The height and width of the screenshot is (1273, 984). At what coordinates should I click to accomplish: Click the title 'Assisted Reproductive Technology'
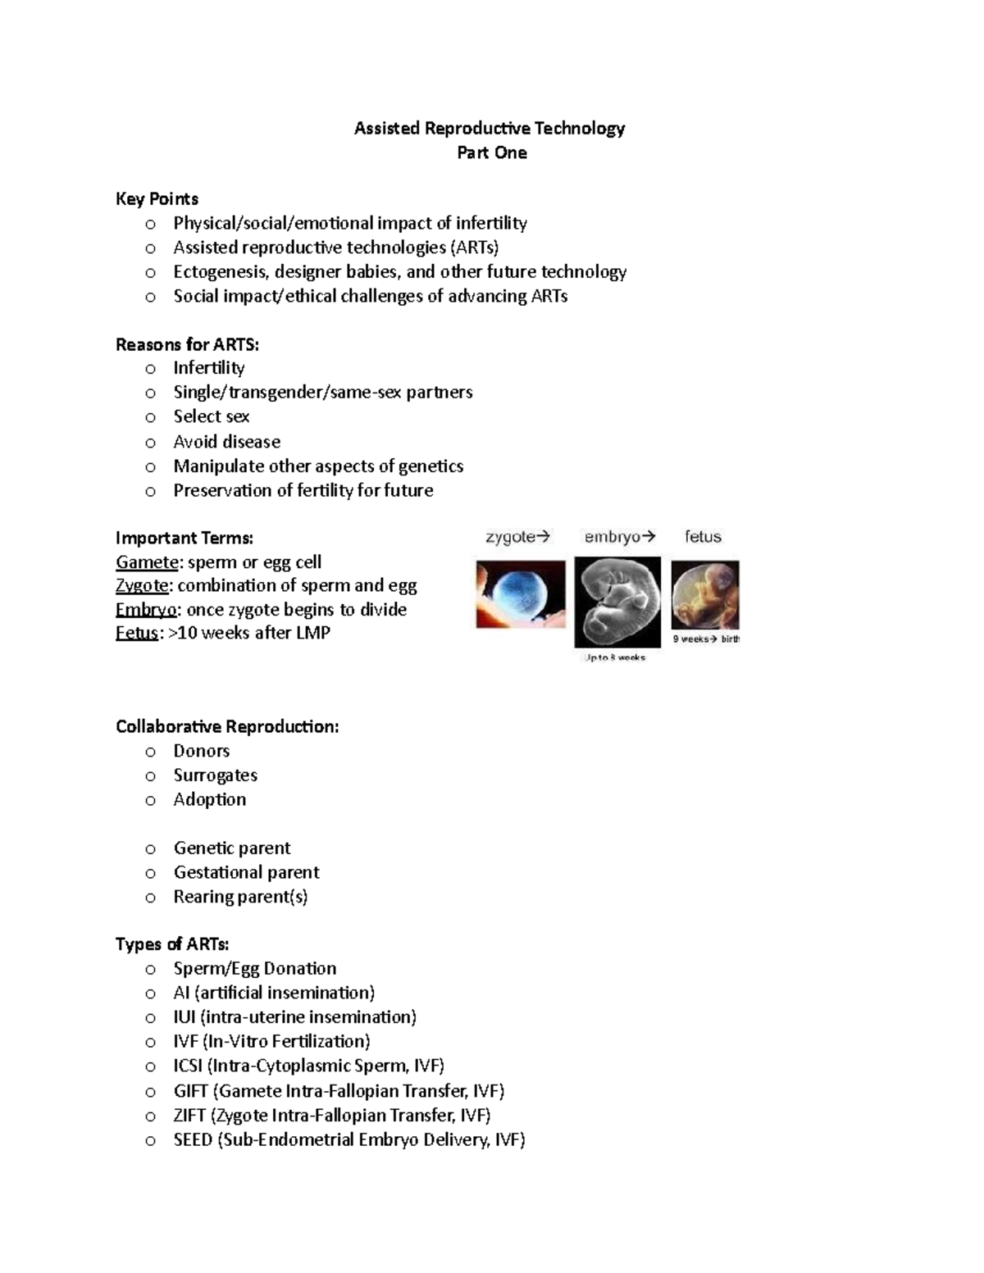pyautogui.click(x=490, y=128)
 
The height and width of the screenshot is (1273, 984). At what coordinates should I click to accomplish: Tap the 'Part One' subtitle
pyautogui.click(x=492, y=152)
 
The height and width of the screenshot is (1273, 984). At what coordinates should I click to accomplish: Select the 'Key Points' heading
pyautogui.click(x=157, y=198)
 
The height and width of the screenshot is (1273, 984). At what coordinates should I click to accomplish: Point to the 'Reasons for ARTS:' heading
pyautogui.click(x=187, y=344)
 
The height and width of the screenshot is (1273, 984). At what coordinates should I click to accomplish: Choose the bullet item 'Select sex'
pyautogui.click(x=212, y=416)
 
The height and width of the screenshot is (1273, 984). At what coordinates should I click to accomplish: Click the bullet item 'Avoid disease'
pyautogui.click(x=227, y=442)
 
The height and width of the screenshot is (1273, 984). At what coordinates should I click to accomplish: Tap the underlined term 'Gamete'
pyautogui.click(x=147, y=562)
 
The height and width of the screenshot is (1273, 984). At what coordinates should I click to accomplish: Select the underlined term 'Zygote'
pyautogui.click(x=143, y=585)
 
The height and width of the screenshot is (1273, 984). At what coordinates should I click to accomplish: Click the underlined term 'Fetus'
pyautogui.click(x=136, y=633)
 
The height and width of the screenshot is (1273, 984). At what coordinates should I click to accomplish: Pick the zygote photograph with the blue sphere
pyautogui.click(x=521, y=594)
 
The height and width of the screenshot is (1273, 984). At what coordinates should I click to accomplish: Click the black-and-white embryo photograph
pyautogui.click(x=617, y=602)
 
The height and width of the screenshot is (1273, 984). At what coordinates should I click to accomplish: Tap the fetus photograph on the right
pyautogui.click(x=705, y=595)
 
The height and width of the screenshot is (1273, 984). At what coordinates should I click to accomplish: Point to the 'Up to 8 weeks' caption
pyautogui.click(x=615, y=657)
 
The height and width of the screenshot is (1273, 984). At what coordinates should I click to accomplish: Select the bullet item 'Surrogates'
pyautogui.click(x=216, y=775)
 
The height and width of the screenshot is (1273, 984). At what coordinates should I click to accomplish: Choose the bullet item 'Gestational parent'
pyautogui.click(x=247, y=872)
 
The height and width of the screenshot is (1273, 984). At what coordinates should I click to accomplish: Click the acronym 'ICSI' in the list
pyautogui.click(x=188, y=1066)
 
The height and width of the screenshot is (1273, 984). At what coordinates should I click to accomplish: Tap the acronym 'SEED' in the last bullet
pyautogui.click(x=193, y=1139)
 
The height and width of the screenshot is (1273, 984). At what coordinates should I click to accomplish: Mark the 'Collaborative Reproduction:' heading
pyautogui.click(x=227, y=727)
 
